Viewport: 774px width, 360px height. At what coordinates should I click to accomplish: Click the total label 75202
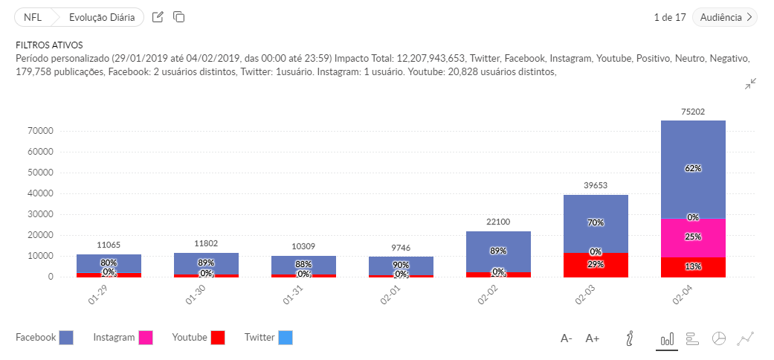pos(693,112)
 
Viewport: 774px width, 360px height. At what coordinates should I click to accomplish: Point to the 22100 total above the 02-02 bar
pos(498,222)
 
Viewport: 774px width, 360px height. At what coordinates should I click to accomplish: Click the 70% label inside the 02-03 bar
pos(596,222)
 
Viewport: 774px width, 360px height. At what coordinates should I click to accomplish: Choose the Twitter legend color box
pos(286,338)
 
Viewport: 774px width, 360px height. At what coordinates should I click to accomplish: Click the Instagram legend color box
pos(146,338)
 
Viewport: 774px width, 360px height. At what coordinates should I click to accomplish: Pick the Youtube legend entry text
pos(190,338)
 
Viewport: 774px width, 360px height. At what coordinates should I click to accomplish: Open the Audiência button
pos(724,17)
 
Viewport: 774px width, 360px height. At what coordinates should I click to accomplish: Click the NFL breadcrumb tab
pos(33,17)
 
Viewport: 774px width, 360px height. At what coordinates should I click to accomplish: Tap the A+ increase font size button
pos(593,338)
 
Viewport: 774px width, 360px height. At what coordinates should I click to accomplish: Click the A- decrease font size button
pos(567,338)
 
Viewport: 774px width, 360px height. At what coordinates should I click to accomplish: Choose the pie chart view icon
pos(718,338)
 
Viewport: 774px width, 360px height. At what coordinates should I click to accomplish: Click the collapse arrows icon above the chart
pos(751,84)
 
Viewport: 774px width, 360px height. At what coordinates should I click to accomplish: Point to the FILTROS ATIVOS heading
pos(49,45)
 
